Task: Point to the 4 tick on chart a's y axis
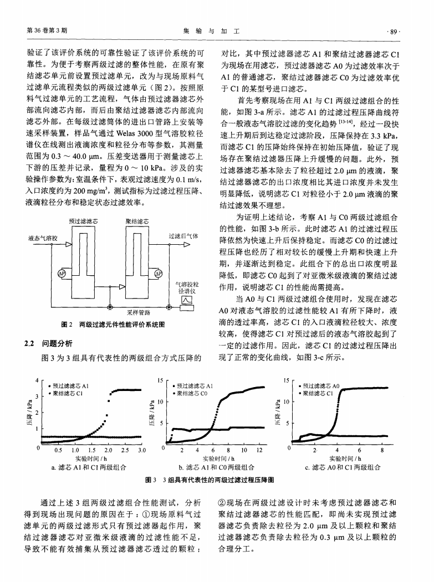tap(37, 380)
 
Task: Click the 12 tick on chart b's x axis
tap(259, 451)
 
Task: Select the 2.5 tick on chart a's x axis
tap(125, 451)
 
